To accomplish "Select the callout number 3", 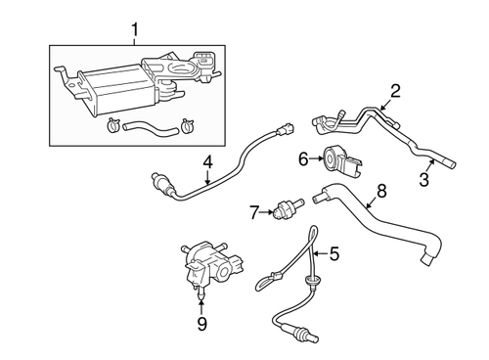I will [423, 179].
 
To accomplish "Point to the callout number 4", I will [207, 162].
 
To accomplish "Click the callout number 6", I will [302, 157].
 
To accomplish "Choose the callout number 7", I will [252, 210].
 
